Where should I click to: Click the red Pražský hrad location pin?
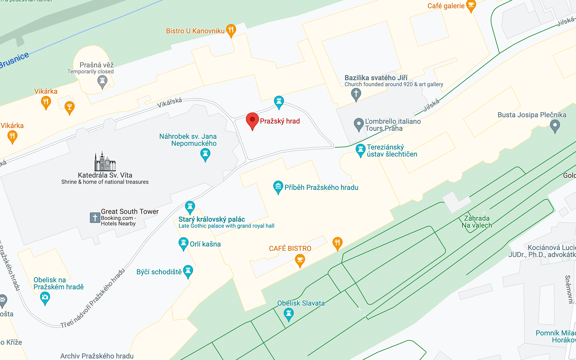pyautogui.click(x=252, y=120)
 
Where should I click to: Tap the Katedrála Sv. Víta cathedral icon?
pyautogui.click(x=105, y=161)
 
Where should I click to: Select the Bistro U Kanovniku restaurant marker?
pyautogui.click(x=231, y=30)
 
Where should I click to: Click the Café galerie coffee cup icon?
pyautogui.click(x=471, y=5)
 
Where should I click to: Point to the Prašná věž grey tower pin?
pyautogui.click(x=102, y=81)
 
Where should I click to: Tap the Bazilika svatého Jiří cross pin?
pyautogui.click(x=356, y=94)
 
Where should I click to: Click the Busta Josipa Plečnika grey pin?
pyautogui.click(x=555, y=126)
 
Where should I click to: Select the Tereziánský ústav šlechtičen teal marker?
pyautogui.click(x=360, y=150)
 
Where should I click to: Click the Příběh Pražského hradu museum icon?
pyautogui.click(x=278, y=187)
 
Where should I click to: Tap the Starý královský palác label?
pyautogui.click(x=212, y=219)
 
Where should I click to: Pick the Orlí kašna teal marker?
pyautogui.click(x=183, y=243)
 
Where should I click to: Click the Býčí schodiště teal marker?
pyautogui.click(x=188, y=271)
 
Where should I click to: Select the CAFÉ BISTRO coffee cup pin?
pyautogui.click(x=300, y=260)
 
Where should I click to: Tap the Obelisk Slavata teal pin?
pyautogui.click(x=288, y=314)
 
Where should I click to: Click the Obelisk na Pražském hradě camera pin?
pyautogui.click(x=45, y=298)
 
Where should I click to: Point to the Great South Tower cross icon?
pyautogui.click(x=95, y=217)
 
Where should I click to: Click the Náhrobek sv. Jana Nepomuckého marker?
pyautogui.click(x=205, y=154)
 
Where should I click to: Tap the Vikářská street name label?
pyautogui.click(x=169, y=103)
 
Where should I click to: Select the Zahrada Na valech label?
pyautogui.click(x=477, y=222)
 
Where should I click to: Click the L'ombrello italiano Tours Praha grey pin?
pyautogui.click(x=359, y=124)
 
